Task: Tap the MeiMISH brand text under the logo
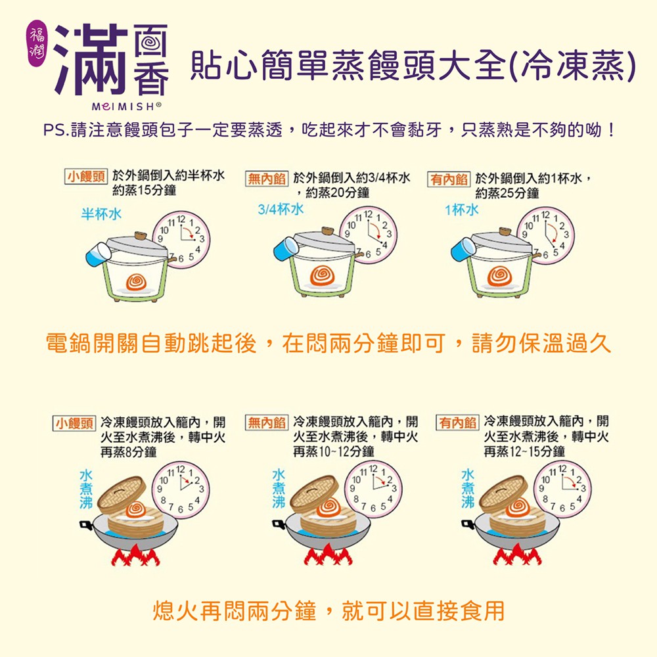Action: click(x=127, y=107)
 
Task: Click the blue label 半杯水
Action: click(x=101, y=214)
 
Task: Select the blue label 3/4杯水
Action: click(x=281, y=209)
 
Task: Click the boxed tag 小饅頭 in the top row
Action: click(x=86, y=176)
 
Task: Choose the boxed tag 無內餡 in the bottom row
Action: click(x=267, y=422)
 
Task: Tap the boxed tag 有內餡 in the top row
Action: click(x=449, y=179)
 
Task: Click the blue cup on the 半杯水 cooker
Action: click(x=98, y=254)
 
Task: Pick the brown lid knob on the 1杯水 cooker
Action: click(x=505, y=232)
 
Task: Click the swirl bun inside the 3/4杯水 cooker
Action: click(x=322, y=275)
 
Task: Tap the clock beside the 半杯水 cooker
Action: click(x=181, y=237)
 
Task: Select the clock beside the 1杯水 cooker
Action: click(x=545, y=235)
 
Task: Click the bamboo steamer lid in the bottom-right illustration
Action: click(x=503, y=493)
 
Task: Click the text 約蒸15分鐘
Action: click(x=144, y=191)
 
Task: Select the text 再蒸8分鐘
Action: click(x=129, y=452)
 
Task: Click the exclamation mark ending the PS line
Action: click(x=612, y=130)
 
